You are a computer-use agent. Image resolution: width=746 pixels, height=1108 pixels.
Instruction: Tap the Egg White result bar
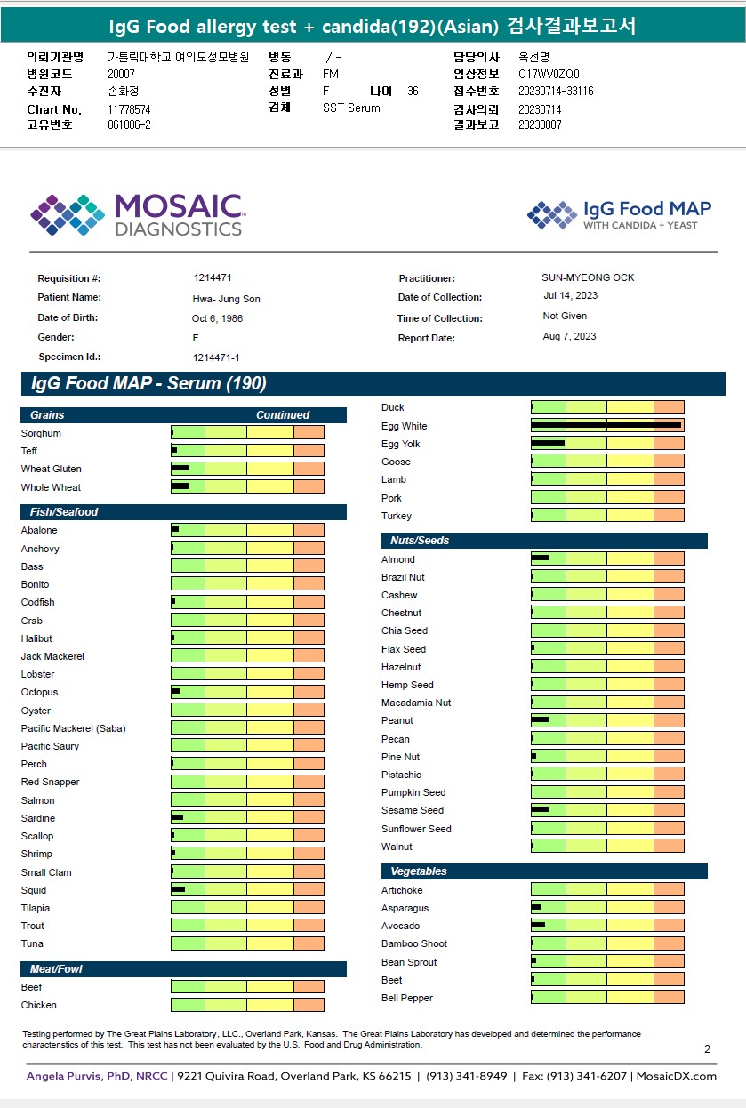(607, 426)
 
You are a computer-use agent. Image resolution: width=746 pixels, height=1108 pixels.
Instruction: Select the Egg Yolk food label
(401, 444)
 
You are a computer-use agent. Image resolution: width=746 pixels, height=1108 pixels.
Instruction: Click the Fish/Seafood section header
(183, 512)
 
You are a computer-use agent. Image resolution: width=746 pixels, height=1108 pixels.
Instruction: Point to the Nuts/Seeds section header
(543, 541)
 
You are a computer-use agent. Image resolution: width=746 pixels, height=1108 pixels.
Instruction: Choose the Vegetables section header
(543, 871)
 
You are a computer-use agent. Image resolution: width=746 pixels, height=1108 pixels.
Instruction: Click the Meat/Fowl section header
(183, 968)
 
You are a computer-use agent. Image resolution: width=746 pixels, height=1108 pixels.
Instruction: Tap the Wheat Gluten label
(52, 469)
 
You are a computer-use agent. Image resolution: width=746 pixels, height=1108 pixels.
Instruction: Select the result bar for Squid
(247, 890)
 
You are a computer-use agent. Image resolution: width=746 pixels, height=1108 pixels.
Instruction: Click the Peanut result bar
(607, 720)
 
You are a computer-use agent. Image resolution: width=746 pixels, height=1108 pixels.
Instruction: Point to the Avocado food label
(401, 926)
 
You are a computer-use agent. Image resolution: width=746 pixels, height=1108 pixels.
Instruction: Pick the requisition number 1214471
(213, 278)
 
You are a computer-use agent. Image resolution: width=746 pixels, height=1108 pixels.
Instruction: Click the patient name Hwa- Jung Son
(227, 299)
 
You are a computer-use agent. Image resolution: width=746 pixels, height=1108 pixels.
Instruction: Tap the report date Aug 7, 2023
(570, 336)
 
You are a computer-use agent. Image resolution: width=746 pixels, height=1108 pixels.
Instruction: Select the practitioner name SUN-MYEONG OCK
(588, 277)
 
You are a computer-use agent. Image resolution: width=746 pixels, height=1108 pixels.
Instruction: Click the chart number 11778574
(129, 109)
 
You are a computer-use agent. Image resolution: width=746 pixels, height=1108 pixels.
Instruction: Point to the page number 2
(707, 1049)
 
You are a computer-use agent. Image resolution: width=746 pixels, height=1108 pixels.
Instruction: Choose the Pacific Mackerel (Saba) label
(74, 728)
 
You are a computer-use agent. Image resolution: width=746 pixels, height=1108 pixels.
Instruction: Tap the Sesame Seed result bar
(607, 810)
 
